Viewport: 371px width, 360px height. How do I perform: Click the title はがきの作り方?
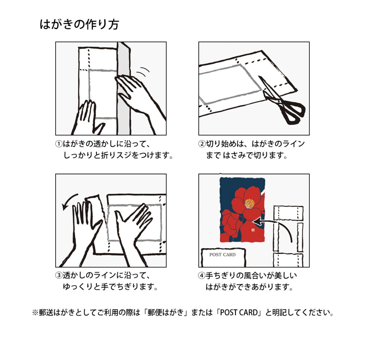[x=79, y=25]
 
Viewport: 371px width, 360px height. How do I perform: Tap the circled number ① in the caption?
[x=59, y=144]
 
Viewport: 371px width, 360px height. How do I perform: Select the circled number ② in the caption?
[x=202, y=144]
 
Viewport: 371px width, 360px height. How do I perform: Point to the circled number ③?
[x=59, y=275]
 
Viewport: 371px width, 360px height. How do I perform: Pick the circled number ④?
[x=202, y=276]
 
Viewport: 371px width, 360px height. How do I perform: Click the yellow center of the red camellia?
[x=249, y=203]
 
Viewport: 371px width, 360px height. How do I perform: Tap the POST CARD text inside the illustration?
[x=222, y=255]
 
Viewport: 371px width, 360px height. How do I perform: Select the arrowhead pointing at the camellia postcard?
[x=257, y=222]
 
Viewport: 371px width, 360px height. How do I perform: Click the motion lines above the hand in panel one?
[x=143, y=72]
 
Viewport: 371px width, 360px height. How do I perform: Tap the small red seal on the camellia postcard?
[x=253, y=230]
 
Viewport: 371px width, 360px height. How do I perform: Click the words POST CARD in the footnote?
[x=239, y=313]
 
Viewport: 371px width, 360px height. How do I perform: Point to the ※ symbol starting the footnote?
[x=35, y=313]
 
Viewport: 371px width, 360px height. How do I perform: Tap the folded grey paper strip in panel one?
[x=124, y=89]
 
